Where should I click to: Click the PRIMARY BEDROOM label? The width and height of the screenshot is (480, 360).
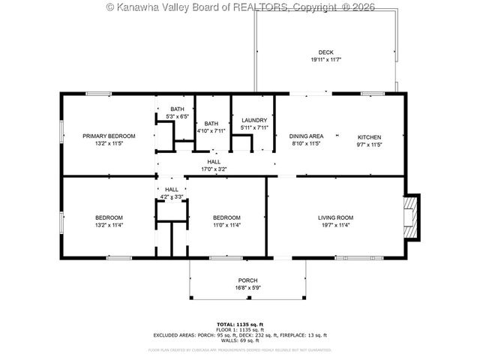[x=109, y=136]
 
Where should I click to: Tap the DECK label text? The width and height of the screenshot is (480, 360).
[x=325, y=52]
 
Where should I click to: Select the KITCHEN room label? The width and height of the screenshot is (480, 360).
[x=369, y=136]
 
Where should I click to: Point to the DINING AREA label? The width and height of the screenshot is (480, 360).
[x=305, y=136]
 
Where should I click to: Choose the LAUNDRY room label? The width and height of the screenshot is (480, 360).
[x=254, y=120]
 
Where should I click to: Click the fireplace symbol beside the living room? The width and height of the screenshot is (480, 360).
[x=410, y=217]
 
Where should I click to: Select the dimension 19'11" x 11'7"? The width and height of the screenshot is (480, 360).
[x=325, y=60]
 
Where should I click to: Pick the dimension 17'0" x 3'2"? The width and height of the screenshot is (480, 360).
[x=214, y=169]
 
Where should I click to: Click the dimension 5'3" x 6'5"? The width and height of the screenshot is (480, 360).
[x=177, y=116]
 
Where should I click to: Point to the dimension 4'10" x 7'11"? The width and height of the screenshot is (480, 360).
[x=211, y=130]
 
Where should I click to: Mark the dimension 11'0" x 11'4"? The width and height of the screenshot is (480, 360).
[x=226, y=225]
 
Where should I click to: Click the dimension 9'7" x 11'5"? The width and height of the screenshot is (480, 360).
[x=369, y=144]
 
